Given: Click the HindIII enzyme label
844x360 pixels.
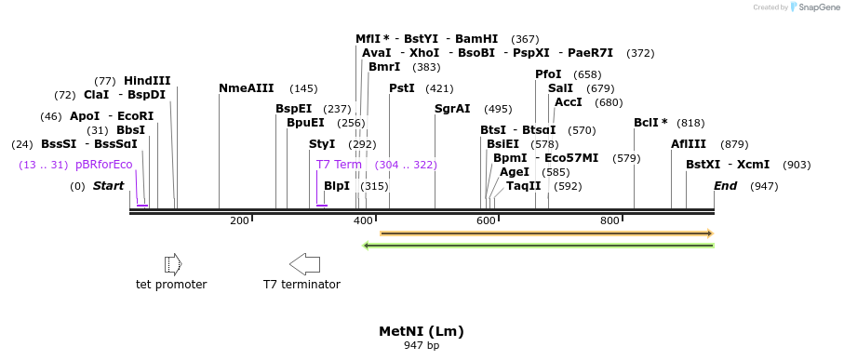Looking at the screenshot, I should click(x=147, y=81).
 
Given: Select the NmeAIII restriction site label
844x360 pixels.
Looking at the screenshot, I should click(x=246, y=88).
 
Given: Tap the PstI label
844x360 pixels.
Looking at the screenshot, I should click(x=402, y=88).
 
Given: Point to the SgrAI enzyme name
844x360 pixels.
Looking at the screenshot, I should click(x=452, y=109).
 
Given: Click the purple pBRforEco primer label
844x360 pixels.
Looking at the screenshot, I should click(x=103, y=165).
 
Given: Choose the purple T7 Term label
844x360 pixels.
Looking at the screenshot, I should click(x=339, y=165).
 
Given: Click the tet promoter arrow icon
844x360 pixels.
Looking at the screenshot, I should click(x=172, y=264).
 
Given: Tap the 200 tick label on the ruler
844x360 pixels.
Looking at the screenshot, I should click(x=239, y=220).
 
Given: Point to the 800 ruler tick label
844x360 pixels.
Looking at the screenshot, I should click(x=610, y=220).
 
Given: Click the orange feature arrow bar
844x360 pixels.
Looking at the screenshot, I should click(x=546, y=233).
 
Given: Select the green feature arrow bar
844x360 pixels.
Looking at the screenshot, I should click(x=538, y=246).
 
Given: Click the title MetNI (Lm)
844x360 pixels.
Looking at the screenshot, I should click(x=421, y=331).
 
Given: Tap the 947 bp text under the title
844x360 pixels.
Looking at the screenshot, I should click(x=421, y=346).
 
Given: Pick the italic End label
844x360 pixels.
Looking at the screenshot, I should click(x=725, y=186).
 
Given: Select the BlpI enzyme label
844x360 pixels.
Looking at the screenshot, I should click(x=337, y=186).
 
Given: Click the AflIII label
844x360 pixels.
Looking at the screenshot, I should click(x=689, y=144).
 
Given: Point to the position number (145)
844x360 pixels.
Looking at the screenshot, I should click(x=303, y=88).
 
